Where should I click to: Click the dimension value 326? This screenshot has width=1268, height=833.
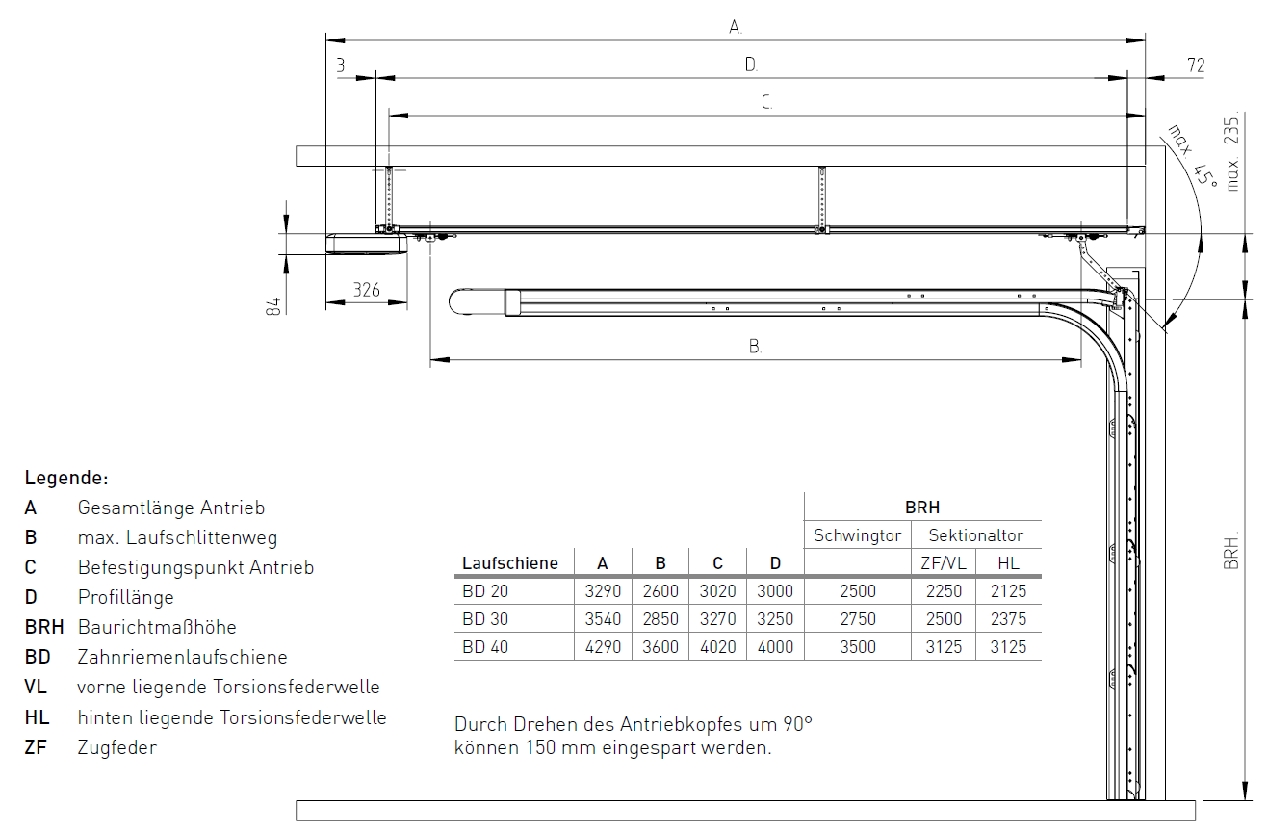(x=366, y=290)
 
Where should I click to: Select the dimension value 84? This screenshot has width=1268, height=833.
(x=272, y=306)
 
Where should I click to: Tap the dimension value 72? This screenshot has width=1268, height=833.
(x=1196, y=65)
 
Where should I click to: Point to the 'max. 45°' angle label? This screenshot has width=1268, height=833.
(x=1192, y=156)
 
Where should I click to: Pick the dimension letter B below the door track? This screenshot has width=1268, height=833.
(x=755, y=346)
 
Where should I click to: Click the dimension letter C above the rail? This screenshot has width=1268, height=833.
(x=766, y=102)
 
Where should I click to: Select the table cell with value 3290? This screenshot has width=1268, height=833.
(x=603, y=591)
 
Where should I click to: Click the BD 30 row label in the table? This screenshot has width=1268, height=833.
(x=485, y=619)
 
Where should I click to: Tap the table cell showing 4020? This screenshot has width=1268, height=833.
(x=718, y=647)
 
